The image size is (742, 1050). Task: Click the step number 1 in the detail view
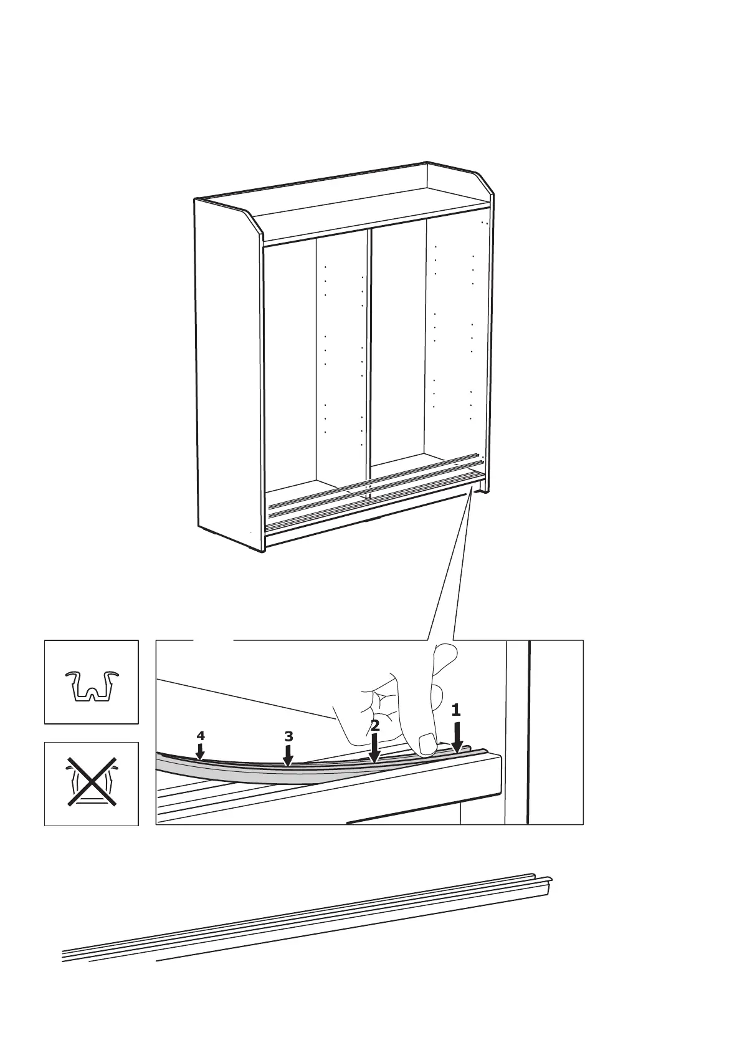(x=455, y=710)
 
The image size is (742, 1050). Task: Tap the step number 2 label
(x=374, y=725)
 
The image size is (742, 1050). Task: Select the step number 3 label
(x=288, y=736)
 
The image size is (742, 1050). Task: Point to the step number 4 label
(x=200, y=736)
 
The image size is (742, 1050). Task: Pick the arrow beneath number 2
(x=374, y=748)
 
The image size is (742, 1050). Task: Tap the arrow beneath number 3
(x=288, y=755)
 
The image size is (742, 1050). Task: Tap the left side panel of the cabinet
(x=227, y=374)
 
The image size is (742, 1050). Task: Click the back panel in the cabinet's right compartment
(x=399, y=343)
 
